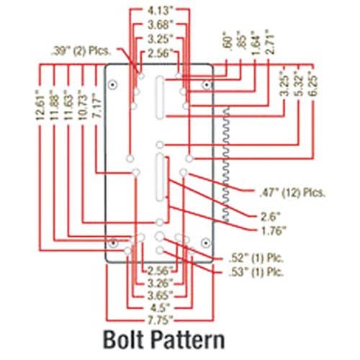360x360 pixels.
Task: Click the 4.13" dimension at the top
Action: tap(160, 11)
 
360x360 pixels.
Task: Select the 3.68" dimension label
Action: tap(160, 24)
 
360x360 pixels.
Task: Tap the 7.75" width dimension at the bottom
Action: tap(160, 320)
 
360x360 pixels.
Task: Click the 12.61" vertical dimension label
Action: tap(40, 108)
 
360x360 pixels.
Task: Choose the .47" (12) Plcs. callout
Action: tap(292, 192)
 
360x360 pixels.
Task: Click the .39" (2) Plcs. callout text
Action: tap(81, 51)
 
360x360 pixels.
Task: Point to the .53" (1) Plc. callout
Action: tap(256, 272)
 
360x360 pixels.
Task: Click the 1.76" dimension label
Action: tap(273, 231)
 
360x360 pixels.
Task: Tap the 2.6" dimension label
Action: tap(270, 217)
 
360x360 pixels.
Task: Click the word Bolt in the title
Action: tap(124, 340)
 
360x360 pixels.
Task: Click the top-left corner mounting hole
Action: tap(112, 85)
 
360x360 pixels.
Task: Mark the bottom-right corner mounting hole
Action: tap(205, 243)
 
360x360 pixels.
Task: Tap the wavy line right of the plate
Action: tap(225, 164)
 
